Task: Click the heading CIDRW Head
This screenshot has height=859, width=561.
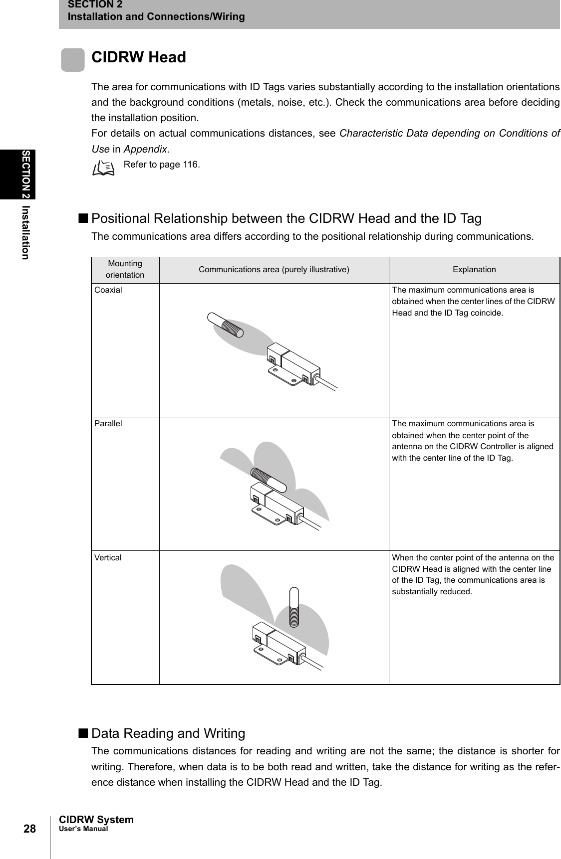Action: pos(139,58)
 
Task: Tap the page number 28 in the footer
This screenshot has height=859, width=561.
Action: pos(29,829)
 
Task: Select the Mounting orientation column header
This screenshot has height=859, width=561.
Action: pos(125,269)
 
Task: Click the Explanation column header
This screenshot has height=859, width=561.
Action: pos(474,270)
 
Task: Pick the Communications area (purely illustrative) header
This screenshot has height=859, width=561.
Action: pos(274,270)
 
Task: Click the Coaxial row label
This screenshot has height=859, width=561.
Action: pos(108,290)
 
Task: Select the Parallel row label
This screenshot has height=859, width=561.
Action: pos(108,424)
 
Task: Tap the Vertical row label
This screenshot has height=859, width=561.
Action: pos(108,557)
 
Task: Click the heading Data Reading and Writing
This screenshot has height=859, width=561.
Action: pos(168,733)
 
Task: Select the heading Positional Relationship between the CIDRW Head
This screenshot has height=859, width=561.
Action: pos(286,219)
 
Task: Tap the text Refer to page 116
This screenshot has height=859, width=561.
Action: pos(162,165)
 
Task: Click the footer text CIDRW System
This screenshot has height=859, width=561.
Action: pos(96,820)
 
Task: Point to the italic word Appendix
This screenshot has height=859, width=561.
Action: pos(145,149)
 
